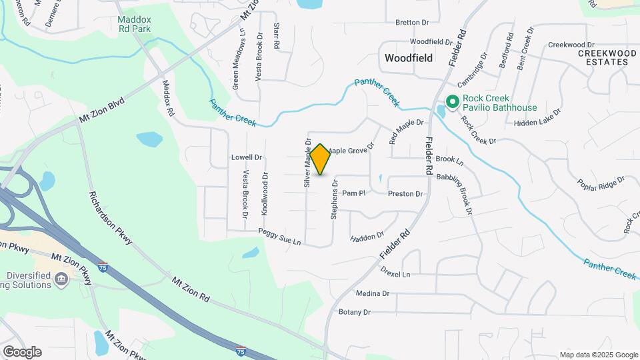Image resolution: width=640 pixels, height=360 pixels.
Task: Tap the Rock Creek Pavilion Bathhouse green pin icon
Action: pyautogui.click(x=451, y=102)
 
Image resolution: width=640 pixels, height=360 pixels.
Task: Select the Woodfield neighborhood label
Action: pyautogui.click(x=409, y=58)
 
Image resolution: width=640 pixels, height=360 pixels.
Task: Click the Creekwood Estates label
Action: pyautogui.click(x=603, y=57)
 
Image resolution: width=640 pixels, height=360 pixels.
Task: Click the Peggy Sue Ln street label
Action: pyautogui.click(x=280, y=237)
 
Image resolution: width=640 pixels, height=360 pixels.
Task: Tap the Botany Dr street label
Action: pyautogui.click(x=354, y=312)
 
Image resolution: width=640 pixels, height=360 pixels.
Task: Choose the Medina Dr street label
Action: pyautogui.click(x=372, y=293)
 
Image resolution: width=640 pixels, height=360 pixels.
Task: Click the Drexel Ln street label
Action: pyautogui.click(x=395, y=273)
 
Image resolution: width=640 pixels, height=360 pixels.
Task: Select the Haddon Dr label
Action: pyautogui.click(x=367, y=237)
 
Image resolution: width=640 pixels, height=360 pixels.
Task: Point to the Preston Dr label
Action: pyautogui.click(x=405, y=194)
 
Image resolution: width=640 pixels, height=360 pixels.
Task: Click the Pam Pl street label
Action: pyautogui.click(x=354, y=193)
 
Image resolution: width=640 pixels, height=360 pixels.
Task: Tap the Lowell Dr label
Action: pyautogui.click(x=247, y=157)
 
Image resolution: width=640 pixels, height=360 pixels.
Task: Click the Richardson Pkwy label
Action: pyautogui.click(x=111, y=217)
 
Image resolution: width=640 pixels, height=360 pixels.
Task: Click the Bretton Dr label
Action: pyautogui.click(x=412, y=22)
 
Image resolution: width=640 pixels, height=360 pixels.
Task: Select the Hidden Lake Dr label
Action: pyautogui.click(x=537, y=123)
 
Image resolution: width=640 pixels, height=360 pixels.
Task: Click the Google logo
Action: pyautogui.click(x=22, y=352)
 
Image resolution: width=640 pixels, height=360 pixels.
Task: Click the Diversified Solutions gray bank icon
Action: pyautogui.click(x=62, y=278)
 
